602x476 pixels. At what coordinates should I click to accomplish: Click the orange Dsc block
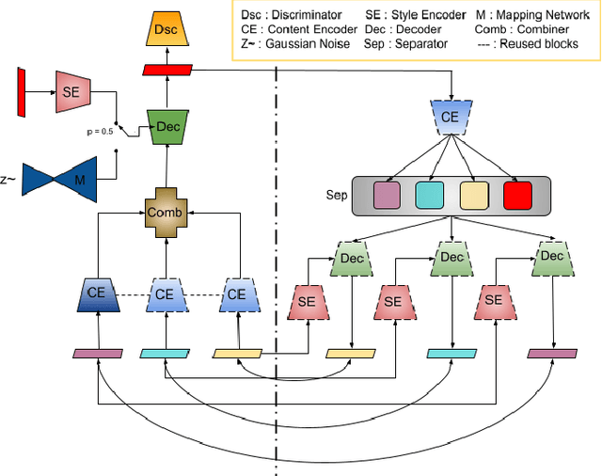point(166,30)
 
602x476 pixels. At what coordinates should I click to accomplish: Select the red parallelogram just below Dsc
point(166,71)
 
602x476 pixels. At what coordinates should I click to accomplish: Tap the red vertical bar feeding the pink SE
point(21,92)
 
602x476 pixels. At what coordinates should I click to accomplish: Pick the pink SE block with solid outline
point(72,92)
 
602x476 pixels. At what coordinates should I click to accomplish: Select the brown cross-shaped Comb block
point(166,213)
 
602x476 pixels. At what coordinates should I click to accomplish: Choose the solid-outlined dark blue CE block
point(97,294)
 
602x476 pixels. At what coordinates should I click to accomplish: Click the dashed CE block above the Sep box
point(452,117)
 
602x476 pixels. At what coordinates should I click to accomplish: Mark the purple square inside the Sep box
point(387,196)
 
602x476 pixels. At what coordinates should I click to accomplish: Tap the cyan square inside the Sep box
point(429,196)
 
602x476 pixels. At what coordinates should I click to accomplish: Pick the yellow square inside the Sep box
point(473,196)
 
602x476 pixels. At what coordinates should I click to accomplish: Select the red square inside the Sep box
point(516,196)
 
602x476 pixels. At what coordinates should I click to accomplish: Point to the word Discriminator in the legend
point(309,16)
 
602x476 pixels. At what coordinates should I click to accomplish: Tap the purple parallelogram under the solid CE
point(98,354)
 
